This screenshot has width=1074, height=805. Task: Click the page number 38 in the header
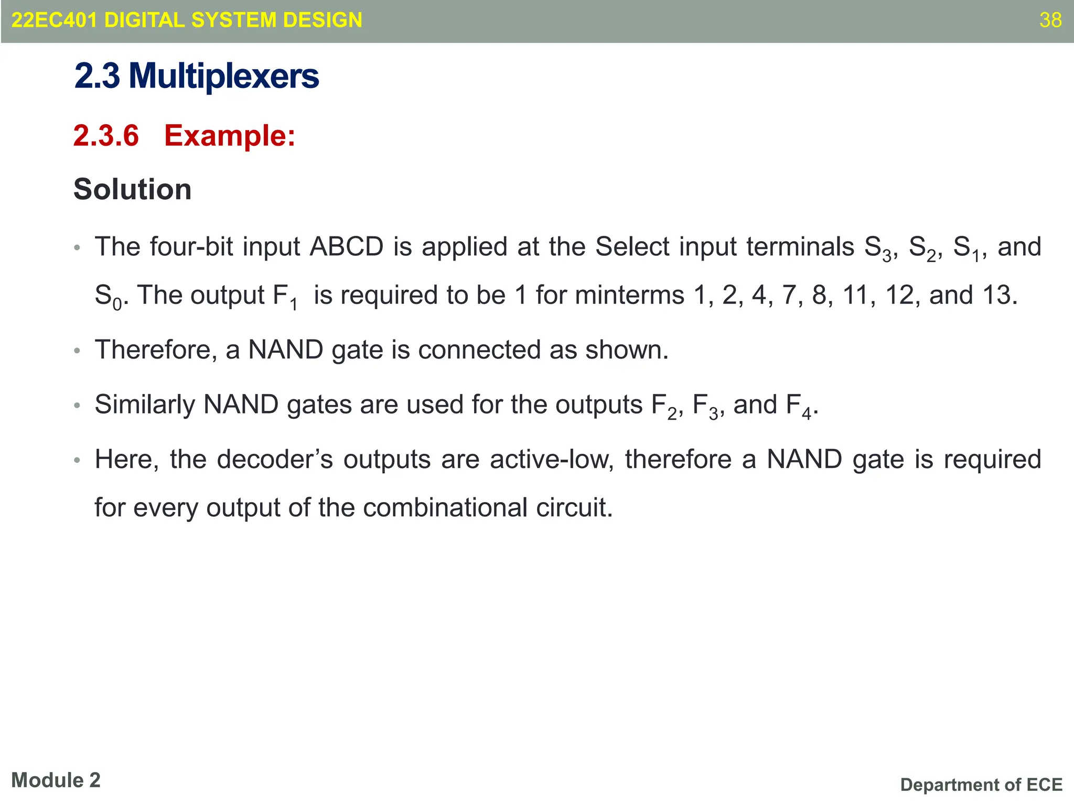pos(1050,20)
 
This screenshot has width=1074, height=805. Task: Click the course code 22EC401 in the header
pos(54,20)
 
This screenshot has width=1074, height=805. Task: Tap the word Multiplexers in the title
pos(224,76)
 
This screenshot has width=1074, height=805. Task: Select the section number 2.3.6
pos(106,136)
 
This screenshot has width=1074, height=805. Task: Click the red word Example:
pos(230,136)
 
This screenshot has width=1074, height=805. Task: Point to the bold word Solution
pos(133,189)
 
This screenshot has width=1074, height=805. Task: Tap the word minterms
pos(630,295)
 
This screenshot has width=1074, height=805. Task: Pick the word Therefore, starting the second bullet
pos(156,350)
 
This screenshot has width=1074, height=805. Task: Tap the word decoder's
pos(275,459)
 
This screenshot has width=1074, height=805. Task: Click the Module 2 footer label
pos(56,780)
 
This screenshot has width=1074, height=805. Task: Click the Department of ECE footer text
pos(981,785)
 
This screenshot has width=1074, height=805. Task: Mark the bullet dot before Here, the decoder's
pos(77,461)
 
